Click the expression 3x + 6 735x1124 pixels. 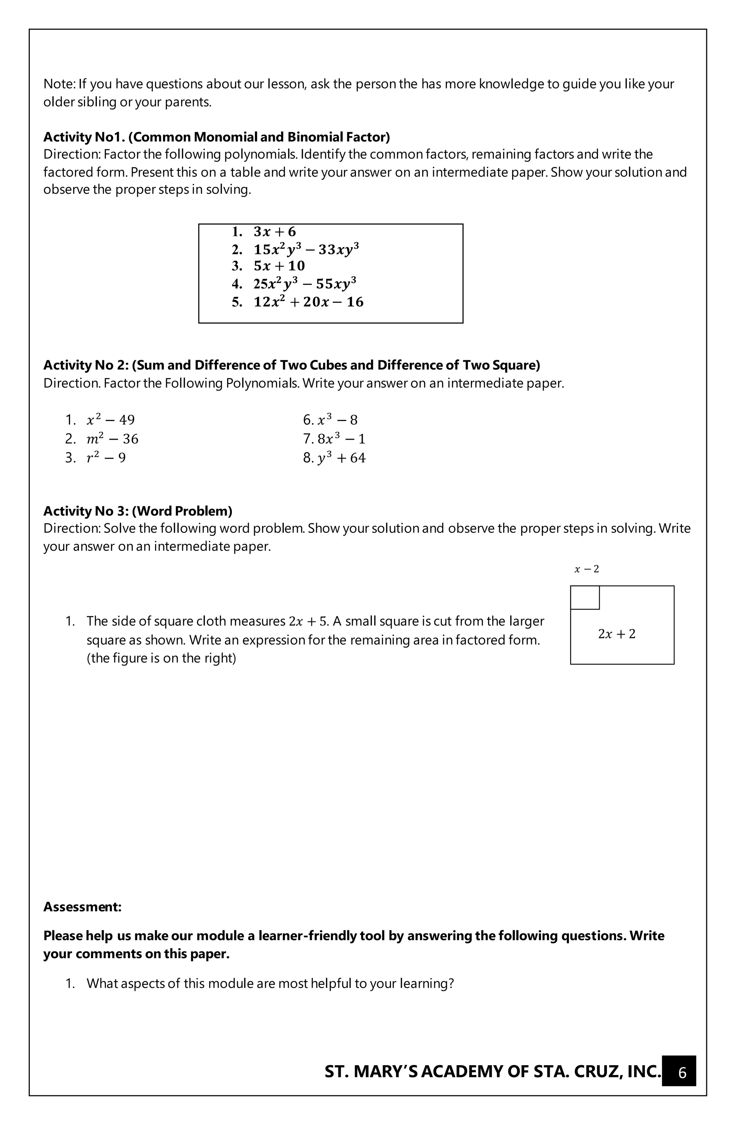(x=275, y=231)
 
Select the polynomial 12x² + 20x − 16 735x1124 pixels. (x=308, y=302)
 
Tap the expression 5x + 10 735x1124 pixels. (x=279, y=266)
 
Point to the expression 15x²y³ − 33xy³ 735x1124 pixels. (x=306, y=249)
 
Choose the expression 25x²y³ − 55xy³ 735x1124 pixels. (x=305, y=284)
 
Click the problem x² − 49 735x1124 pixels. (x=111, y=420)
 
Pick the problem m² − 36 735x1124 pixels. (x=112, y=439)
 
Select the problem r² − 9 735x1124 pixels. (x=106, y=458)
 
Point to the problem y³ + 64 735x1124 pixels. (x=341, y=458)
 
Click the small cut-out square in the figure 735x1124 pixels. (x=585, y=598)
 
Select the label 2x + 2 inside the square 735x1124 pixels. (x=617, y=634)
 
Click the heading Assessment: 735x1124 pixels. (x=82, y=907)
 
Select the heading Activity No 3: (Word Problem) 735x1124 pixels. (x=137, y=511)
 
